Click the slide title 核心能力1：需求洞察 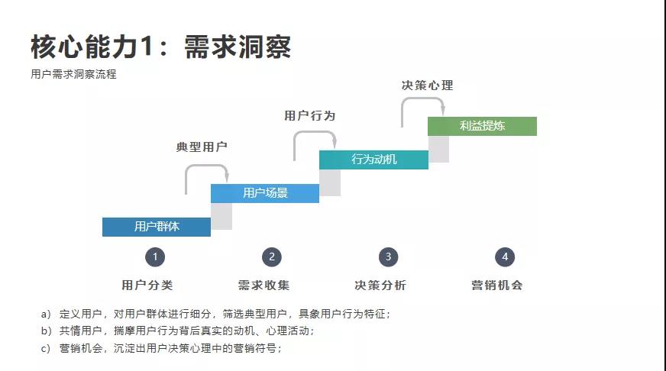[160, 47]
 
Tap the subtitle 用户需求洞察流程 [73, 75]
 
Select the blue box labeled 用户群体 [157, 227]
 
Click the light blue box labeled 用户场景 [265, 193]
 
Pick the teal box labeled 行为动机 [373, 160]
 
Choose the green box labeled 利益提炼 [482, 126]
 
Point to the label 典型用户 [202, 147]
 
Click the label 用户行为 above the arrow [309, 116]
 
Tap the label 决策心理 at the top [427, 85]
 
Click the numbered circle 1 [155, 257]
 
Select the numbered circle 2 [271, 257]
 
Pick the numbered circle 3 [388, 257]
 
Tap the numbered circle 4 [504, 257]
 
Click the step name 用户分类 [147, 286]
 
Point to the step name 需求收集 [263, 286]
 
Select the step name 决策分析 [380, 286]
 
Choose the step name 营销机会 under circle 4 [496, 286]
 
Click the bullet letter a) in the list [46, 314]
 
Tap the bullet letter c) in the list [46, 348]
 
